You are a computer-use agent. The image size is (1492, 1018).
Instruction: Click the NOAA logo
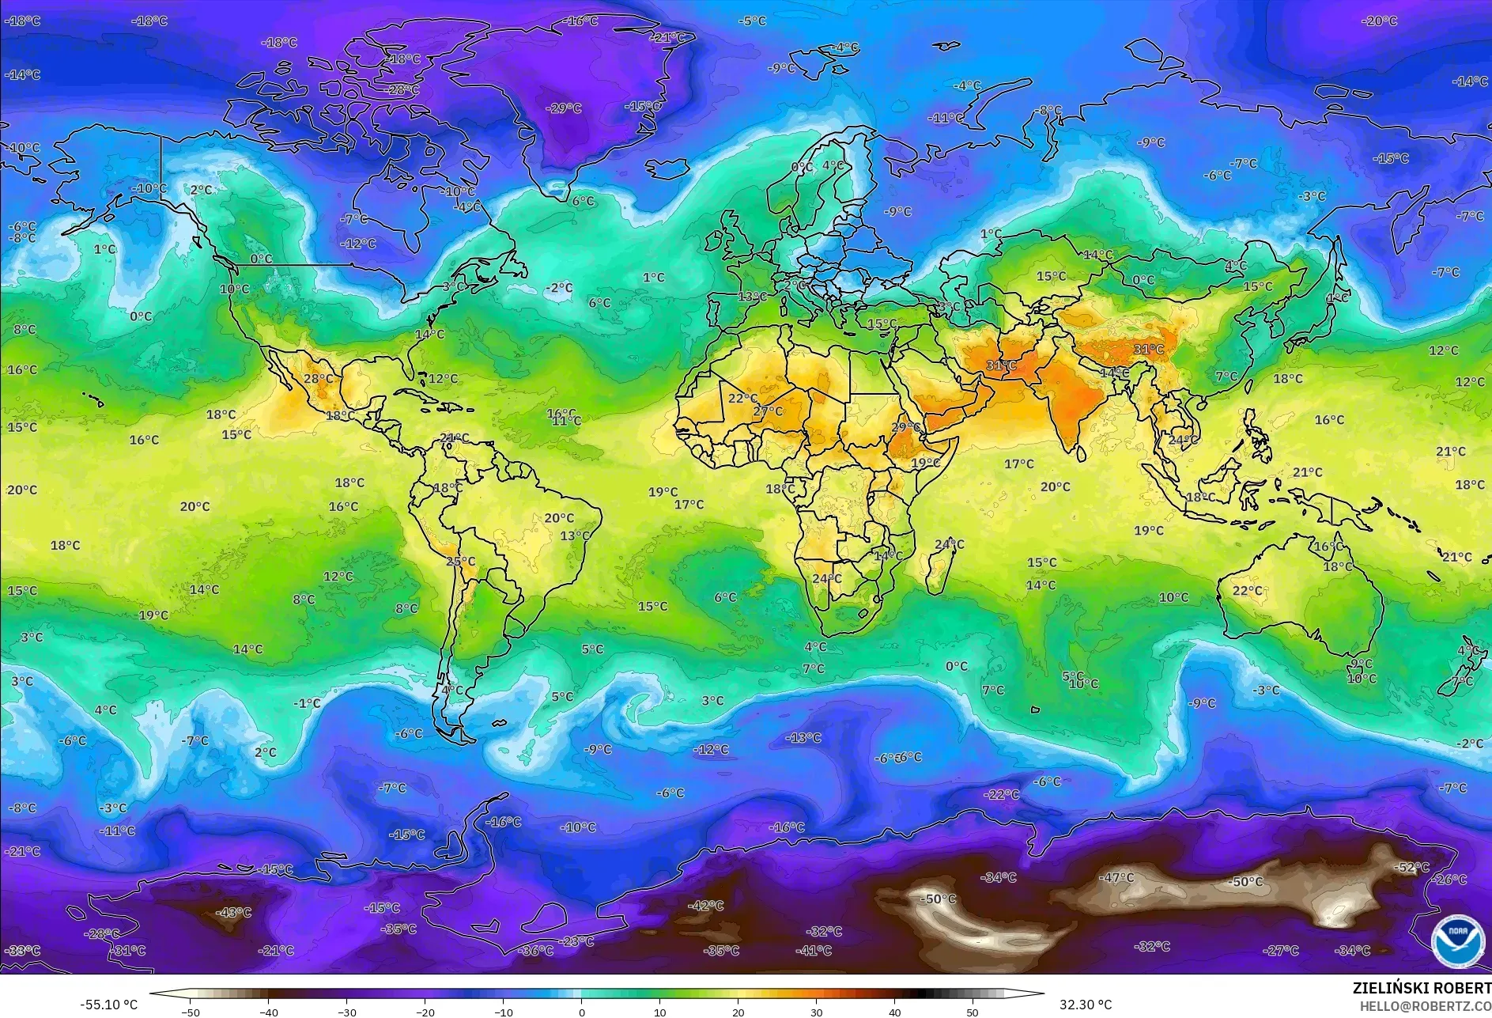pos(1457,940)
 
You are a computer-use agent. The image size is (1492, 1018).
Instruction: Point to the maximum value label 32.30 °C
pos(1086,1005)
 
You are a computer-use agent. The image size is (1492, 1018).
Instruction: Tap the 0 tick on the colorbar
pos(582,1012)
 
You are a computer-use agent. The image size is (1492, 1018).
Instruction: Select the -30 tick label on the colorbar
pos(347,1012)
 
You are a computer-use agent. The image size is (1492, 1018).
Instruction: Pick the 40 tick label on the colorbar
pos(894,1012)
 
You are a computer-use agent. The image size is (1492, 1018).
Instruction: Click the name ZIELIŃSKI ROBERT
pos(1422,988)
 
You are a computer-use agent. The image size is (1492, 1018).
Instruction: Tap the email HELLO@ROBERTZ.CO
pos(1425,1005)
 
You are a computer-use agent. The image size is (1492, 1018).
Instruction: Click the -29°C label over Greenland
pos(565,108)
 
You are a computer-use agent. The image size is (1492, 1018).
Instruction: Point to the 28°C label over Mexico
pos(319,379)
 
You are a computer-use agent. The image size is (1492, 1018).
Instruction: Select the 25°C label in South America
pos(461,562)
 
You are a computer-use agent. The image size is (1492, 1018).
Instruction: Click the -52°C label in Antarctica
pos(1413,868)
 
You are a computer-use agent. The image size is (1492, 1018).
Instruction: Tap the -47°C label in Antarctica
pos(1117,878)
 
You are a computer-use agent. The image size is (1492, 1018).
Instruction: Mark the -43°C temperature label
pos(234,913)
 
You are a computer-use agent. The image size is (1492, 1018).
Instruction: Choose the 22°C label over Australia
pos(1248,591)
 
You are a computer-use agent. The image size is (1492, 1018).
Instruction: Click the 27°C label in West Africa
pos(768,411)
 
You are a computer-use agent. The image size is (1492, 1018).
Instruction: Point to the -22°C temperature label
pos(1002,794)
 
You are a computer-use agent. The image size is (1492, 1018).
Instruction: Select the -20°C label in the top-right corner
pos(1381,21)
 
